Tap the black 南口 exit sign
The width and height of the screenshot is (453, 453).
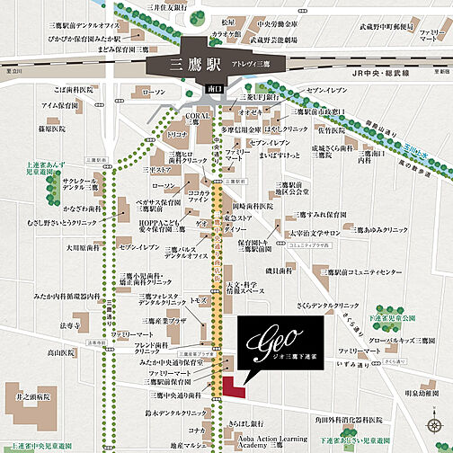214,91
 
